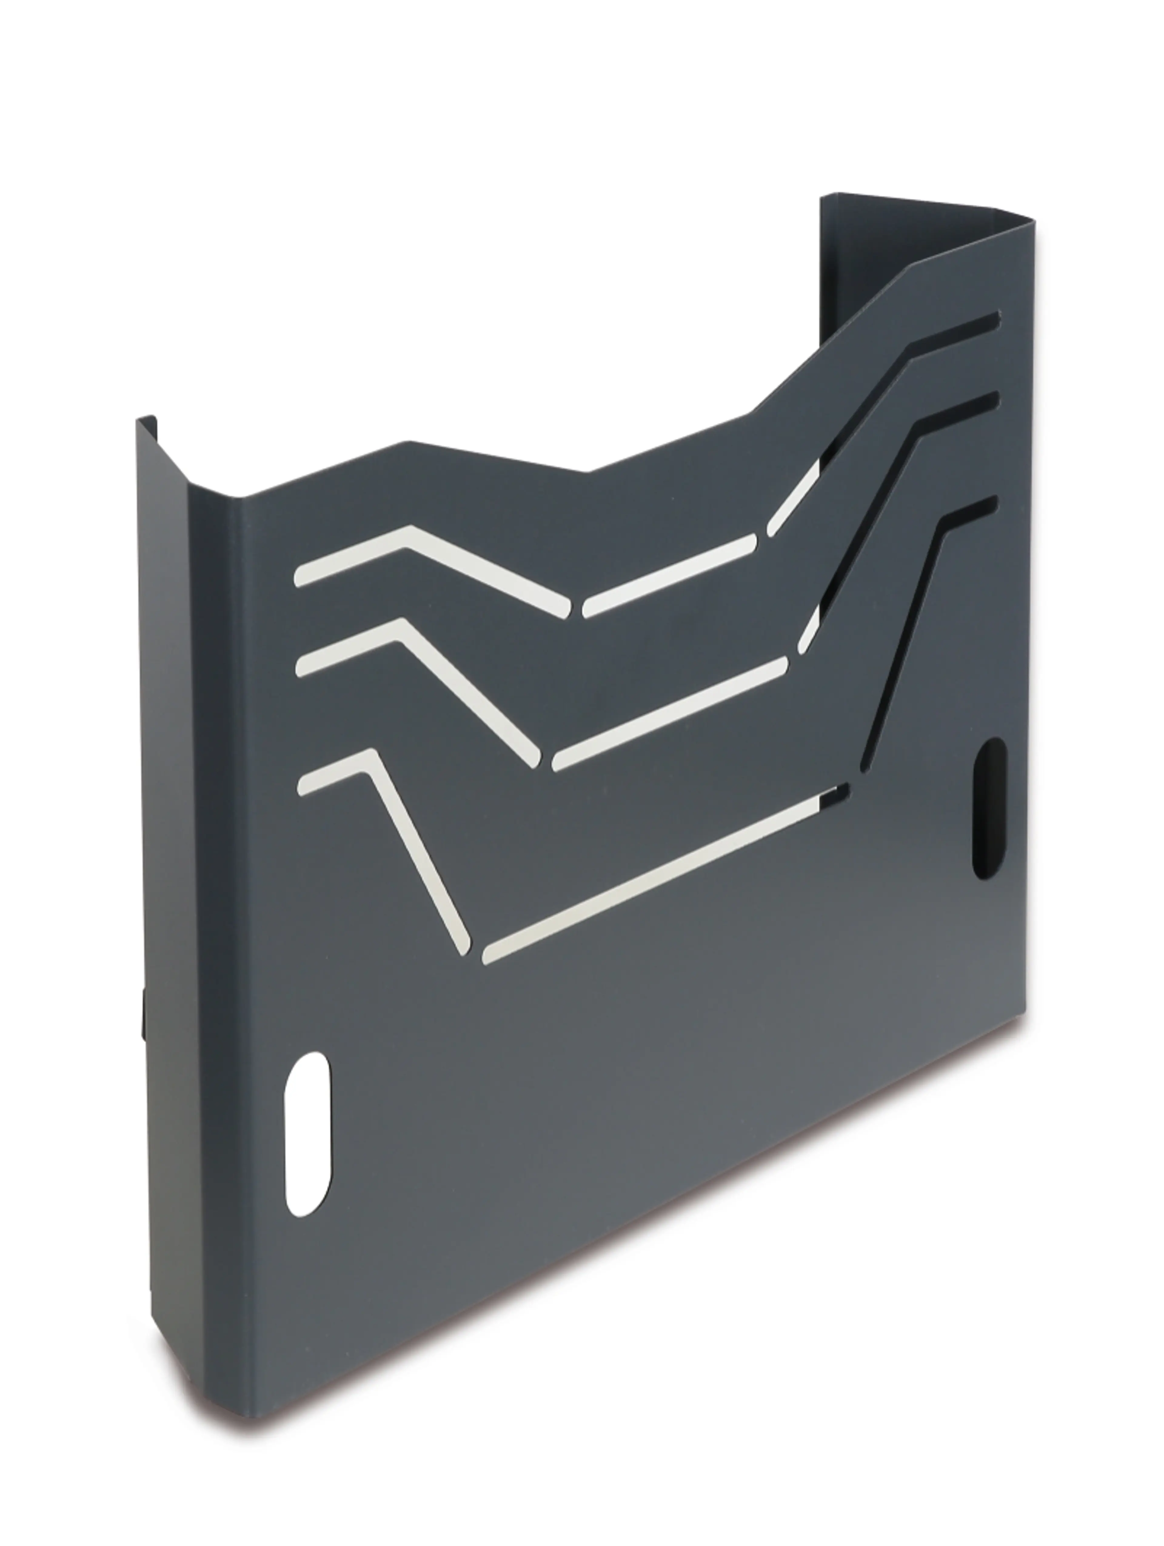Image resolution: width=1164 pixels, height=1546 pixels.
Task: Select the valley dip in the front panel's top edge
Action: click(x=587, y=472)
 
